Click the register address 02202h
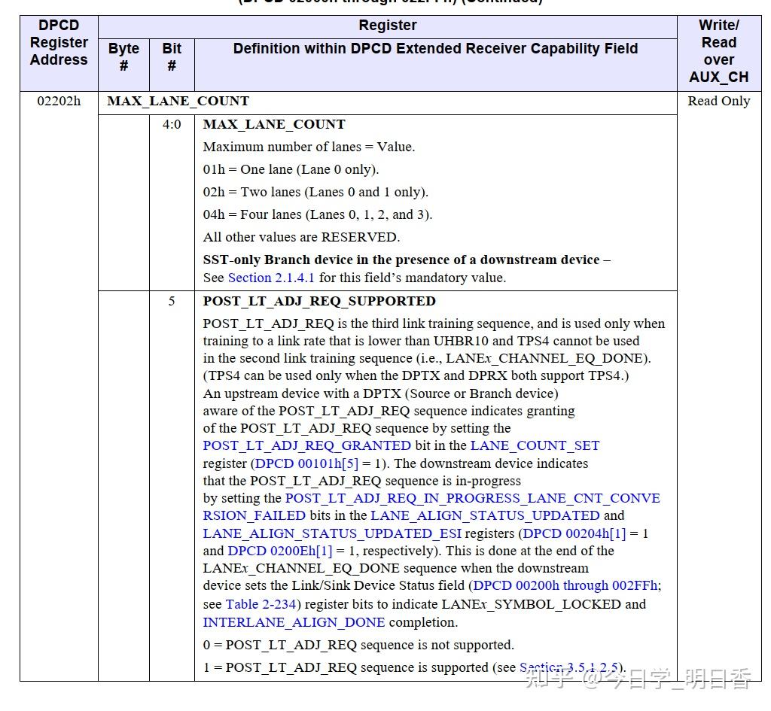59,101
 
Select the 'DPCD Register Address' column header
59,42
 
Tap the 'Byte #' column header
123,57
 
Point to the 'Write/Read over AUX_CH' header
718,51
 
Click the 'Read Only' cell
718,101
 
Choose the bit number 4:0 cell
172,124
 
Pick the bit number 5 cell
172,301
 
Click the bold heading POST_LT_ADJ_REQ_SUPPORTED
319,301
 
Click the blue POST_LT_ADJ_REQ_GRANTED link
307,445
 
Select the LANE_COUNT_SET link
535,445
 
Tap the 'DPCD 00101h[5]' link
306,463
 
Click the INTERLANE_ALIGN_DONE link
294,622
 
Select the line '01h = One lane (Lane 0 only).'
291,169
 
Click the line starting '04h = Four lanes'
318,214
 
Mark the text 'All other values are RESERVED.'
301,237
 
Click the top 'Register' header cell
387,26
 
